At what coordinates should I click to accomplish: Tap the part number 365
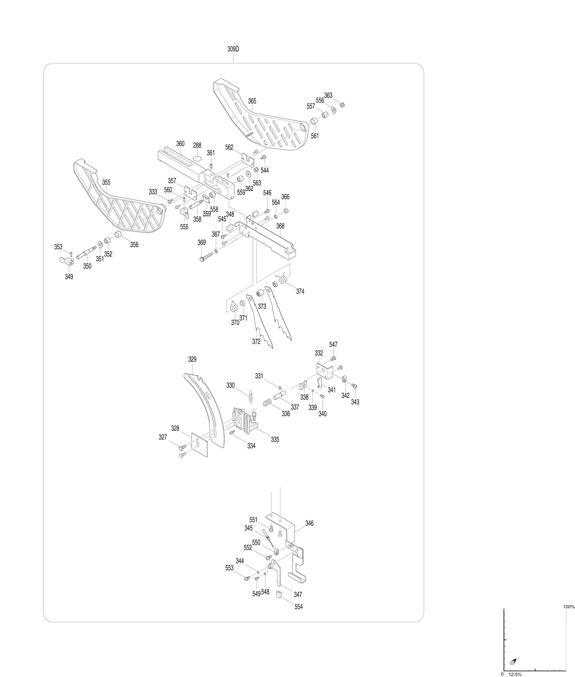(x=252, y=101)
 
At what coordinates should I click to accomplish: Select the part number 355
(x=106, y=182)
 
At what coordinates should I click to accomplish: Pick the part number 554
(x=299, y=607)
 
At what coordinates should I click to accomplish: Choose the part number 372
(x=256, y=341)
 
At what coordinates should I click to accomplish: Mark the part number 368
(x=280, y=226)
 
